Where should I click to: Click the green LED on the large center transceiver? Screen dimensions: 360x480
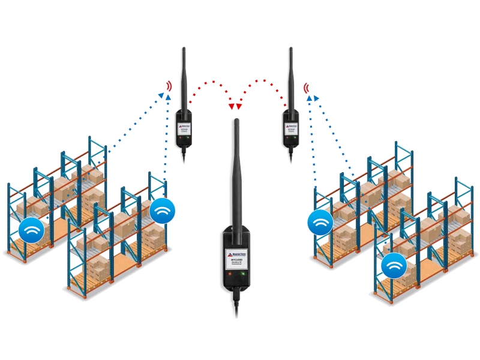(243, 276)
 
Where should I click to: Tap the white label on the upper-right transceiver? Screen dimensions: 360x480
(290, 127)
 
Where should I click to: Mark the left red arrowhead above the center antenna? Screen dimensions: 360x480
(232, 107)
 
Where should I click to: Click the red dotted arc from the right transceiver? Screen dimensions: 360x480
(264, 81)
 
